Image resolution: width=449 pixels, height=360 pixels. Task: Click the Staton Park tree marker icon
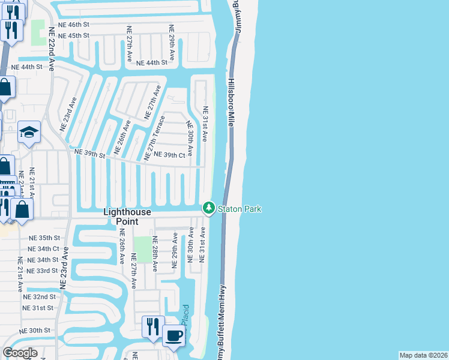(x=208, y=208)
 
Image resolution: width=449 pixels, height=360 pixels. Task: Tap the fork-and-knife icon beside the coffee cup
(x=152, y=326)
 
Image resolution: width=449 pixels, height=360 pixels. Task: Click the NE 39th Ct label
(x=169, y=155)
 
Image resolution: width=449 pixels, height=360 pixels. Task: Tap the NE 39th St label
(x=89, y=154)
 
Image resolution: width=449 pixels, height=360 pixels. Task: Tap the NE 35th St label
(x=44, y=238)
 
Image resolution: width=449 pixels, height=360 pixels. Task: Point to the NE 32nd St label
(x=39, y=296)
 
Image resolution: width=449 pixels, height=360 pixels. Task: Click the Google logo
(x=20, y=353)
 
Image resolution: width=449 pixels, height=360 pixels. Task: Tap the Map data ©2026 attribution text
(x=423, y=355)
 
